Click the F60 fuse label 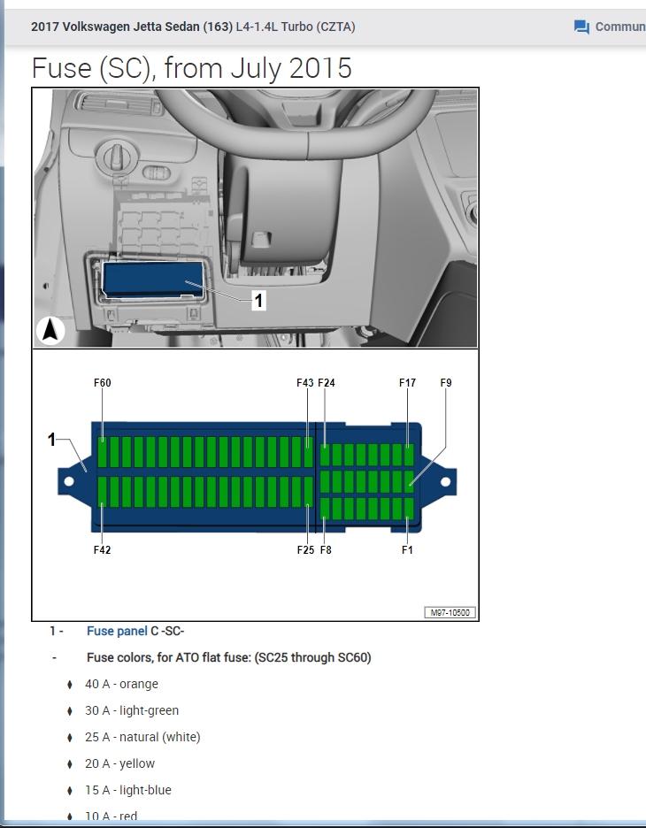103,383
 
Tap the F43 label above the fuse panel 304,383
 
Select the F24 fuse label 327,383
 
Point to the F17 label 407,383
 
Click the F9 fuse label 446,383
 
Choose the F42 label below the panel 103,549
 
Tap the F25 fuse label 305,549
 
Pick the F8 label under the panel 326,549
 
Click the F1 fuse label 407,549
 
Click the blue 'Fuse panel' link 117,631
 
